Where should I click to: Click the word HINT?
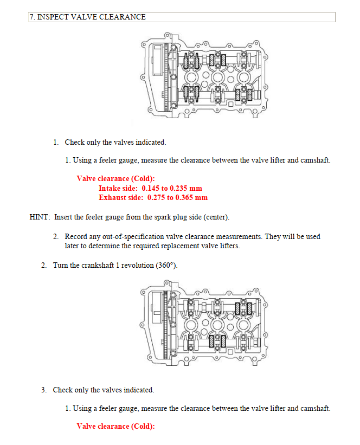coord(40,217)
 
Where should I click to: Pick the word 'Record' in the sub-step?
coord(76,237)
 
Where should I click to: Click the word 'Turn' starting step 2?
coord(60,266)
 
